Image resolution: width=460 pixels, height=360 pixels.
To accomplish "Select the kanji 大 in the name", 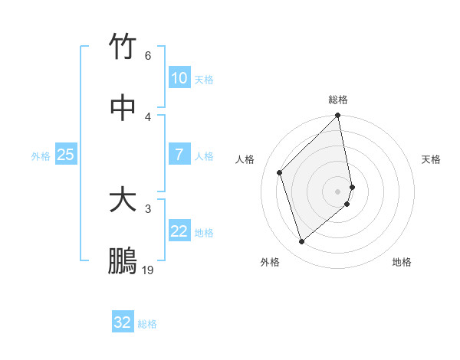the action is coord(123,200).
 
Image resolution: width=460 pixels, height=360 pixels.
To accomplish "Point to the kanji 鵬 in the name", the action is coord(123,261).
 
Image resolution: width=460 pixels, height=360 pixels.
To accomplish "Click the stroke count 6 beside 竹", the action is coord(148,55).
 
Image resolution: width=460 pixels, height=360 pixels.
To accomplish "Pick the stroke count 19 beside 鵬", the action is coord(148,270).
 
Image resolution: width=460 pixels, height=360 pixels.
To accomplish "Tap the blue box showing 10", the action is coord(179,78).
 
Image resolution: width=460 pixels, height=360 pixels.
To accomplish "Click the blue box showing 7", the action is coord(179,155).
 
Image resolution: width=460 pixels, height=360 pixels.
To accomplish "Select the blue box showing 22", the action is coord(179,231).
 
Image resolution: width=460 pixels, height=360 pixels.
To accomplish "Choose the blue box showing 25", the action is coord(66,155).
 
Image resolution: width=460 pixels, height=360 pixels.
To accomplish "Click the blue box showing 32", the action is coord(123,322).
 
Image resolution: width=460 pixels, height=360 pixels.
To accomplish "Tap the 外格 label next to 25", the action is coord(41,155).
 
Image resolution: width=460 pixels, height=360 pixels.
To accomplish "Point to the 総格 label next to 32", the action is coord(147,323).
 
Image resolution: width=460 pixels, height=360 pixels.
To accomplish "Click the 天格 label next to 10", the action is coord(204,79).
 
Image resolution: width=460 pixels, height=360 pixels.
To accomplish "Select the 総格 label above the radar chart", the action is coord(338,100).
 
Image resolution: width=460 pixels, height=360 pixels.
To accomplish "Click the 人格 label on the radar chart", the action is coord(245,159).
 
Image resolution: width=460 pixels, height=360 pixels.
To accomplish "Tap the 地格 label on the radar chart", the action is coord(402,262).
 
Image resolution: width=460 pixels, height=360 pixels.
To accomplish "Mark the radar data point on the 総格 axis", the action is coord(338,116).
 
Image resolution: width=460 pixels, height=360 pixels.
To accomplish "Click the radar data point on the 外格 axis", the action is coord(302,242).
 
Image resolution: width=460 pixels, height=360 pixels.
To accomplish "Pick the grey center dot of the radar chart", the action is coord(338,191).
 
